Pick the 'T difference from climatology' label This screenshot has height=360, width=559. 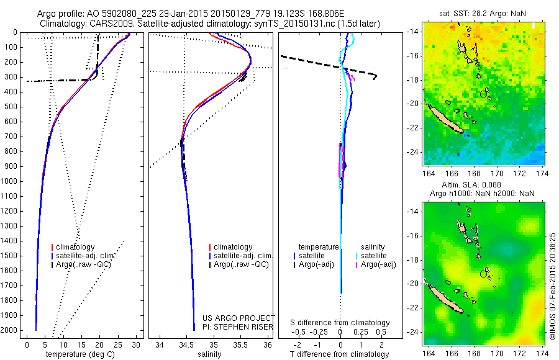[340, 354]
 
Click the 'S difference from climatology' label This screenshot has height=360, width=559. [340, 323]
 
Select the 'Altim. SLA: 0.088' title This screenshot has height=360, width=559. [482, 185]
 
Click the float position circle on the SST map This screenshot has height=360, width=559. [483, 94]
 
